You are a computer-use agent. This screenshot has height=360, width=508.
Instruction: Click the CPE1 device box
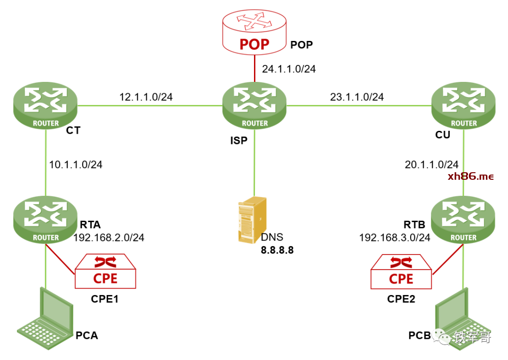pos(105,272)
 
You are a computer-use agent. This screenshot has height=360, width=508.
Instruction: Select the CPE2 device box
pos(401,272)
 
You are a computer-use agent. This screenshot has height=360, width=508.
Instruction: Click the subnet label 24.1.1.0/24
pos(289,69)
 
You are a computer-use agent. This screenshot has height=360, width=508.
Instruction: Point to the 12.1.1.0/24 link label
pos(146,97)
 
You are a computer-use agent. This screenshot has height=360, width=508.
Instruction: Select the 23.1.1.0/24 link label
pos(357,97)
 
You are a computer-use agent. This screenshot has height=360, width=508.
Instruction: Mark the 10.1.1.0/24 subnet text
pos(76,165)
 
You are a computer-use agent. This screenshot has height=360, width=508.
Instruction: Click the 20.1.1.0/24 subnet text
pos(431,165)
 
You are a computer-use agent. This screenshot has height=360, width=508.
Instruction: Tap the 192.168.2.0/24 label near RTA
pos(109,238)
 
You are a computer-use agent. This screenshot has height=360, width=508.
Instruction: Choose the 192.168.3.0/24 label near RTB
pos(395,238)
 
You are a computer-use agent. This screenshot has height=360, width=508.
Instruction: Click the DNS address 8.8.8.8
pos(278,250)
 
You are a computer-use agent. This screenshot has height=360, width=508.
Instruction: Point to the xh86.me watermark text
pos(471,176)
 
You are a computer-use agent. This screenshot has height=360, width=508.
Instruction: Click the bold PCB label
pos(420,336)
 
